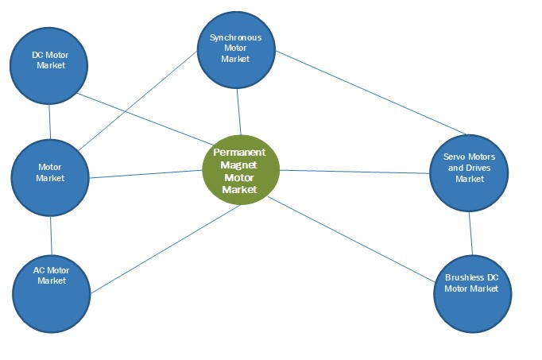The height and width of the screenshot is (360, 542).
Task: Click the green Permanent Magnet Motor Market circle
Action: (241, 169)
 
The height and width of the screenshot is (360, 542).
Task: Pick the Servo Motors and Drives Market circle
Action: (469, 171)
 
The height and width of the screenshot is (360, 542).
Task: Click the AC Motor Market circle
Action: (52, 292)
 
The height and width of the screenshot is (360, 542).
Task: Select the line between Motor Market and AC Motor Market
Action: (51, 235)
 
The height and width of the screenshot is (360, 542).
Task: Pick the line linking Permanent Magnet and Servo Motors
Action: (354, 171)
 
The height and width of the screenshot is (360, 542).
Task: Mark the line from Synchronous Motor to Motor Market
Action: (140, 99)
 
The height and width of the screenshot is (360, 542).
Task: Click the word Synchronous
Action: (235, 37)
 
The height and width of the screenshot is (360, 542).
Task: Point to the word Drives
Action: (480, 168)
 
